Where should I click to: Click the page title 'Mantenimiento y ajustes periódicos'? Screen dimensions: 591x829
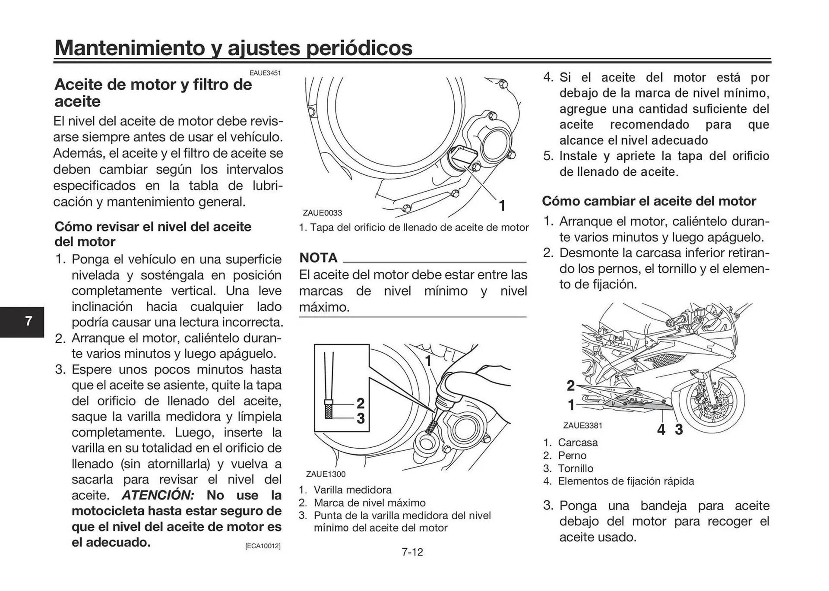pyautogui.click(x=233, y=47)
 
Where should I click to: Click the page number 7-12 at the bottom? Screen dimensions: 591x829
pyautogui.click(x=412, y=552)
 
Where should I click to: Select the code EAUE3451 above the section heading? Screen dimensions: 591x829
pyautogui.click(x=265, y=73)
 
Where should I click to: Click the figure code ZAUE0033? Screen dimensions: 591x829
pyautogui.click(x=322, y=213)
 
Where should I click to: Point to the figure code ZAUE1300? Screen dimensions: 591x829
pyautogui.click(x=326, y=474)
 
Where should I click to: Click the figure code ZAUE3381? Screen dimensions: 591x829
pyautogui.click(x=582, y=425)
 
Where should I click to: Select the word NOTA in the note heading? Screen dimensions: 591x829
pyautogui.click(x=318, y=258)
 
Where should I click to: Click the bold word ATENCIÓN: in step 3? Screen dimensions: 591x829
pyautogui.click(x=158, y=495)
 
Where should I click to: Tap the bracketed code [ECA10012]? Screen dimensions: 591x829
pyautogui.click(x=263, y=546)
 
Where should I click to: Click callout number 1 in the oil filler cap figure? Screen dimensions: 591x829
pyautogui.click(x=502, y=206)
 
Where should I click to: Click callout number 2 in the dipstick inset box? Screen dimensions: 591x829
pyautogui.click(x=361, y=403)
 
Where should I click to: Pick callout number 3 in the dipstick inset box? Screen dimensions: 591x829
pyautogui.click(x=361, y=418)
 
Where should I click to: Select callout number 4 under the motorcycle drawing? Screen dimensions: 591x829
pyautogui.click(x=661, y=430)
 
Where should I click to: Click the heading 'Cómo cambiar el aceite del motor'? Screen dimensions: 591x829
pyautogui.click(x=649, y=201)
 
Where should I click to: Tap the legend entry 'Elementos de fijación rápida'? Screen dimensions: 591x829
pyautogui.click(x=626, y=481)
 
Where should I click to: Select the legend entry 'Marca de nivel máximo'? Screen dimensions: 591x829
pyautogui.click(x=369, y=503)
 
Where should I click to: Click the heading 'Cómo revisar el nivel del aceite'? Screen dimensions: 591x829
pyautogui.click(x=153, y=227)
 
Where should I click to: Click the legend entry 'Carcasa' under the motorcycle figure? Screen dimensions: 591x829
pyautogui.click(x=577, y=442)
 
